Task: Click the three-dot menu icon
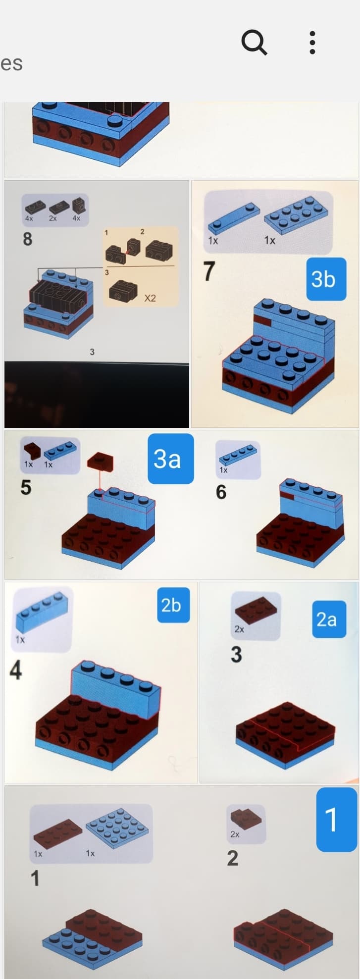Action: (312, 43)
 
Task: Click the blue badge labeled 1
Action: (336, 819)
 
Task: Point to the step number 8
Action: (28, 239)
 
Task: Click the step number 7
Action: (209, 271)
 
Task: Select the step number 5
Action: (26, 487)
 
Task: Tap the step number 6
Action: (221, 492)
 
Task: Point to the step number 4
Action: (16, 670)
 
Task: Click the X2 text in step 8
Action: (150, 298)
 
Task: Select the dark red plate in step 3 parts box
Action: (257, 612)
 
